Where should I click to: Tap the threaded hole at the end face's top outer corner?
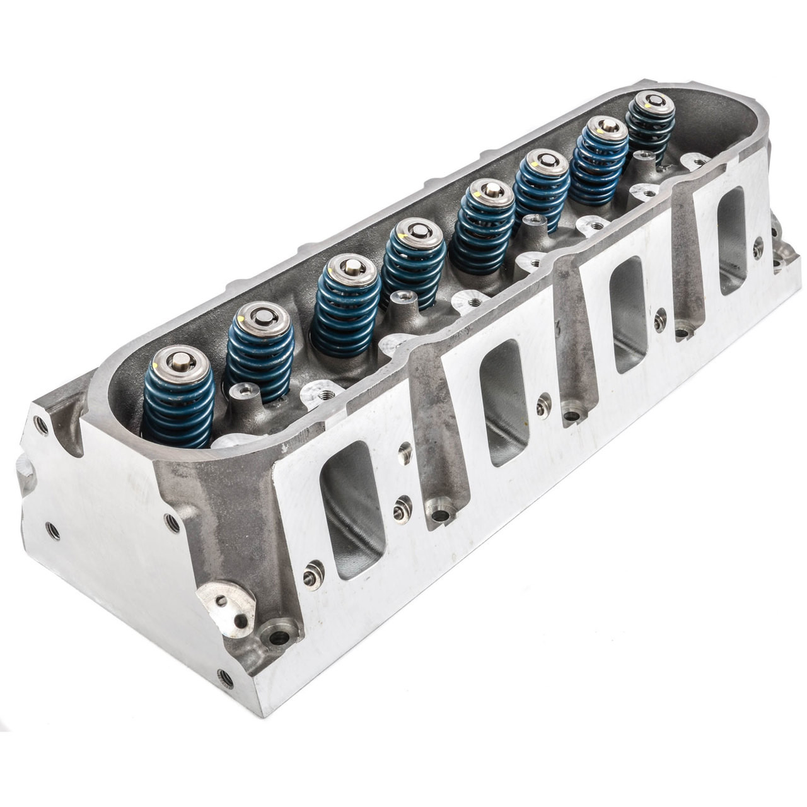click(42, 426)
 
